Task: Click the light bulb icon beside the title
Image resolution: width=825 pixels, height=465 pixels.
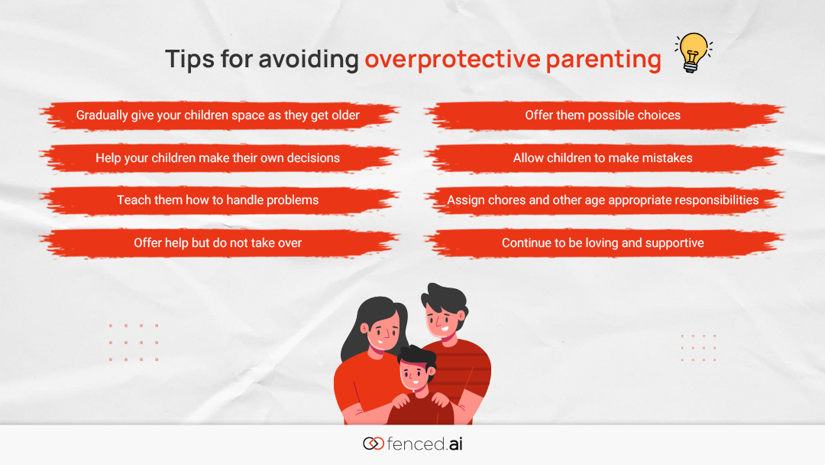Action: tap(693, 53)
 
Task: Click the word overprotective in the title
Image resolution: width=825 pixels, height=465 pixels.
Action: tap(452, 59)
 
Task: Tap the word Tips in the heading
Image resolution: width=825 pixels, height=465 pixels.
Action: tap(189, 59)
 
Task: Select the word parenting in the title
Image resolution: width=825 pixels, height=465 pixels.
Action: tap(603, 60)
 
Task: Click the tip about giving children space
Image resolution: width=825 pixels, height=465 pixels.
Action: tap(218, 115)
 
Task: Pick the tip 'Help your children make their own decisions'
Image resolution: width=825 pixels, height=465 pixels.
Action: tap(218, 158)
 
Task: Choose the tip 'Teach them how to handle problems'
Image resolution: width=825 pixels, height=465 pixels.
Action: tap(218, 200)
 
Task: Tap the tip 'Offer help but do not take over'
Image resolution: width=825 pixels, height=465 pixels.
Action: tap(218, 242)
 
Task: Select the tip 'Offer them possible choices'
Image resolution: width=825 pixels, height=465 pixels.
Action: tap(603, 115)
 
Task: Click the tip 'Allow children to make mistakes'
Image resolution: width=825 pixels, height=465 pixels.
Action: tap(603, 158)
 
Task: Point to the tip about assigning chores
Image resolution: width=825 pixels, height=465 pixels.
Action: tap(603, 200)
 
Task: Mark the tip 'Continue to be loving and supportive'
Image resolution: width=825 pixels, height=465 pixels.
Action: tap(603, 242)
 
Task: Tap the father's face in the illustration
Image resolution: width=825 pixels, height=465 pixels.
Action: tap(442, 321)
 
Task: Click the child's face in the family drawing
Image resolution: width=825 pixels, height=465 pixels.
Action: tap(414, 375)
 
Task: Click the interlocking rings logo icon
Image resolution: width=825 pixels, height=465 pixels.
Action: tap(373, 444)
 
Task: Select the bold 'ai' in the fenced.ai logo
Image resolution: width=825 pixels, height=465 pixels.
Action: tap(455, 444)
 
